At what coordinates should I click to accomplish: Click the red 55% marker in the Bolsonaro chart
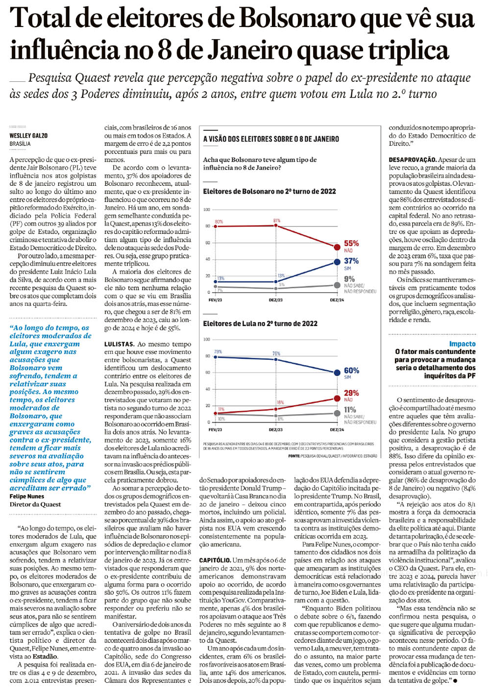(337, 248)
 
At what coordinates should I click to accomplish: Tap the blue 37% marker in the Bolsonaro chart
(337, 262)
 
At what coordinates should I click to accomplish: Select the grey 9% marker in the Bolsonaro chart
(337, 285)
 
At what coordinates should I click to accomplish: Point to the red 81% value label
(277, 221)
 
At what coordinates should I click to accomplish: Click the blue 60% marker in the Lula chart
(337, 373)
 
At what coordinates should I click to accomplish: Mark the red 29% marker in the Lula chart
(337, 399)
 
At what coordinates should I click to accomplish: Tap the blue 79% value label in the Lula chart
(218, 351)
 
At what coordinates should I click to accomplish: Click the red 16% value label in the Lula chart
(280, 402)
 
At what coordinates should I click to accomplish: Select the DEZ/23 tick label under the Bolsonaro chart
(276, 300)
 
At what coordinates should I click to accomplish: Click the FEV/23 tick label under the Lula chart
(215, 430)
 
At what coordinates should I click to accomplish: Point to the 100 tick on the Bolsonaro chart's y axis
(207, 210)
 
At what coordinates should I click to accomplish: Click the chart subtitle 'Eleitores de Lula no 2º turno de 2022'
(260, 324)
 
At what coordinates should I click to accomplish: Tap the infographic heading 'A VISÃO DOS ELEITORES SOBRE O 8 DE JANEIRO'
(271, 139)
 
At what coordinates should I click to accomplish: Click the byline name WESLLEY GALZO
(28, 135)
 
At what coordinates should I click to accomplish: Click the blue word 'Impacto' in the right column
(462, 344)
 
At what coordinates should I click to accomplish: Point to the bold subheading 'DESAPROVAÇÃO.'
(412, 160)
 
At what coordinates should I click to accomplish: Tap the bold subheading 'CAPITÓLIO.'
(215, 560)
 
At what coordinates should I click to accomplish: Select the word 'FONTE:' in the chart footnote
(294, 456)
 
